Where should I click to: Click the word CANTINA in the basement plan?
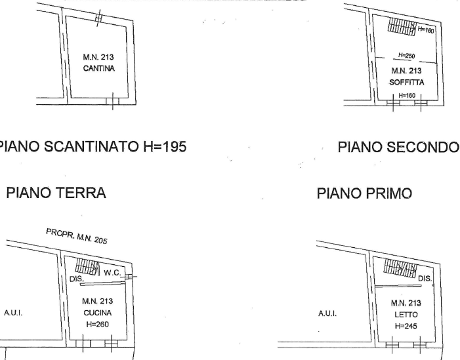click(98, 68)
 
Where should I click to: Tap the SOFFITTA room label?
click(407, 83)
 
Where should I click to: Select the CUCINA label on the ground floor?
click(98, 313)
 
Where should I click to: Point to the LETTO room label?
click(406, 315)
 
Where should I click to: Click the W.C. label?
click(112, 273)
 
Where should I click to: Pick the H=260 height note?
click(97, 324)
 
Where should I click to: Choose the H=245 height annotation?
click(406, 326)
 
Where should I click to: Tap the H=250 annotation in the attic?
click(407, 55)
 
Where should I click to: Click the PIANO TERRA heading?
click(56, 193)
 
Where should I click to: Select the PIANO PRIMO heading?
click(365, 193)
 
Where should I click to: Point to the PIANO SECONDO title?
click(398, 147)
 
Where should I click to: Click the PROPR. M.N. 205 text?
click(77, 236)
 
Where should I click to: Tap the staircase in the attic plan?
click(402, 26)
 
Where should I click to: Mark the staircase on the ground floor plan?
click(87, 266)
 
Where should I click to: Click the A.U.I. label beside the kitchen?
click(13, 313)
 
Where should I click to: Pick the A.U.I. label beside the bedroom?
click(327, 313)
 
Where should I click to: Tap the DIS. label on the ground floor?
click(77, 279)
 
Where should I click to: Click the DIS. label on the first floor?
click(425, 279)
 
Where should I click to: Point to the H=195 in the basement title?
click(165, 147)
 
